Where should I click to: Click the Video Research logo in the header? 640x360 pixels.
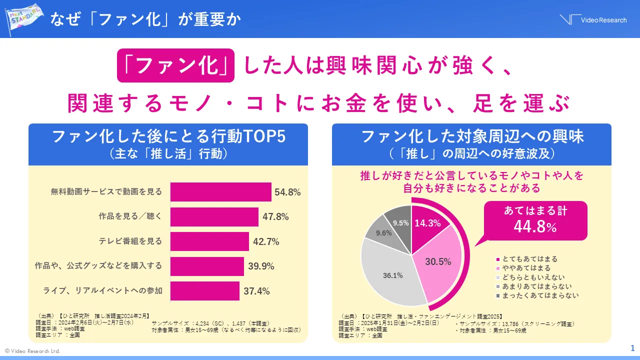pos(593,20)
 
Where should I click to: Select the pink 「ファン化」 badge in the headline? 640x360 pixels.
pos(175,65)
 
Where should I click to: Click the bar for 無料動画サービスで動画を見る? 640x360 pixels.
pos(220,191)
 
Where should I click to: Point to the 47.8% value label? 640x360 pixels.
pos(275,216)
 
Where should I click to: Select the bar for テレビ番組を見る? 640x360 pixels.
pos(209,241)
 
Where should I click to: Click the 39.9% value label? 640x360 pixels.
pos(261,266)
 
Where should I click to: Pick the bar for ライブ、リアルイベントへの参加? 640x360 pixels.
pos(204,291)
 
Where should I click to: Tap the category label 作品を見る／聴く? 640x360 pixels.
pos(130,216)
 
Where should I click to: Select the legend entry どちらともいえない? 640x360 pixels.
pos(533,277)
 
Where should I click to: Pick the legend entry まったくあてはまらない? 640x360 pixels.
pos(537,295)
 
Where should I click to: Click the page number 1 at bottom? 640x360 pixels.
pos(632,348)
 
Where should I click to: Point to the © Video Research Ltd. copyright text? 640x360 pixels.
pos(32,351)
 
